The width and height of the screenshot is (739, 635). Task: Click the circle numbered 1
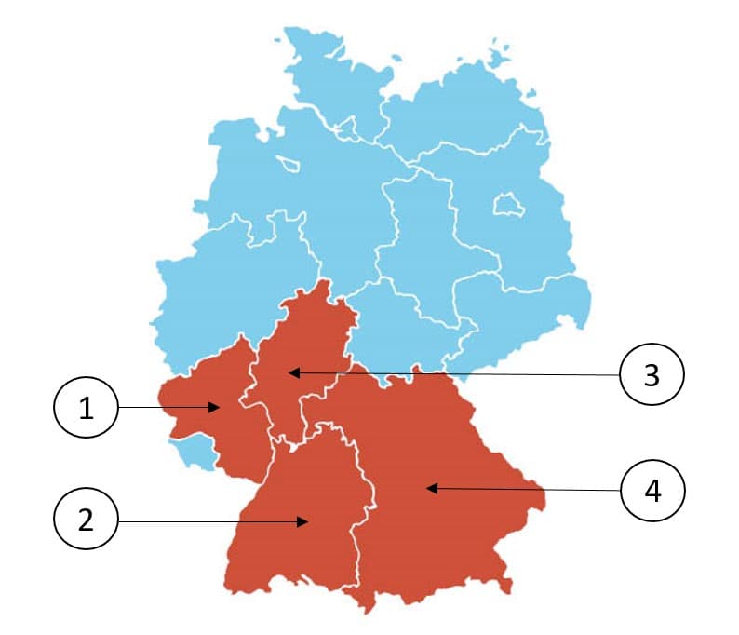(x=87, y=408)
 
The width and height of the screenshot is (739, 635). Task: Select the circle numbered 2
(x=87, y=520)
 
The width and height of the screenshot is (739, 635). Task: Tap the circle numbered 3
(x=652, y=374)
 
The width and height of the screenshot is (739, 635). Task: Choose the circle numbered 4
(x=652, y=490)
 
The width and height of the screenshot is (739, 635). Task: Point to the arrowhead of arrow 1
(x=216, y=407)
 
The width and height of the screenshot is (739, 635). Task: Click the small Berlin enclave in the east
(x=507, y=204)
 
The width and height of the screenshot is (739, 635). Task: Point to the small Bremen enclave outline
(x=289, y=164)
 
